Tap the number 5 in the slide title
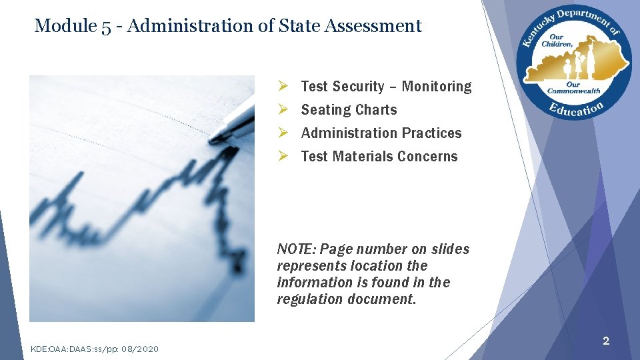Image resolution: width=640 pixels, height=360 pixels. tap(107, 27)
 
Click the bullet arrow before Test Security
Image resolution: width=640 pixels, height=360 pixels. tap(283, 87)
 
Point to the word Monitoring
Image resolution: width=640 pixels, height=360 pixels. tap(436, 87)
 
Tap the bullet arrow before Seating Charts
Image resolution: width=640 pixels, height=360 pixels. tap(283, 110)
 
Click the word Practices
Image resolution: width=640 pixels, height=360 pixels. tap(432, 133)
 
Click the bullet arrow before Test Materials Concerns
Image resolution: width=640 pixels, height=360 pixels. tap(283, 157)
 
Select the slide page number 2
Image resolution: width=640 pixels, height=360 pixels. tap(605, 341)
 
